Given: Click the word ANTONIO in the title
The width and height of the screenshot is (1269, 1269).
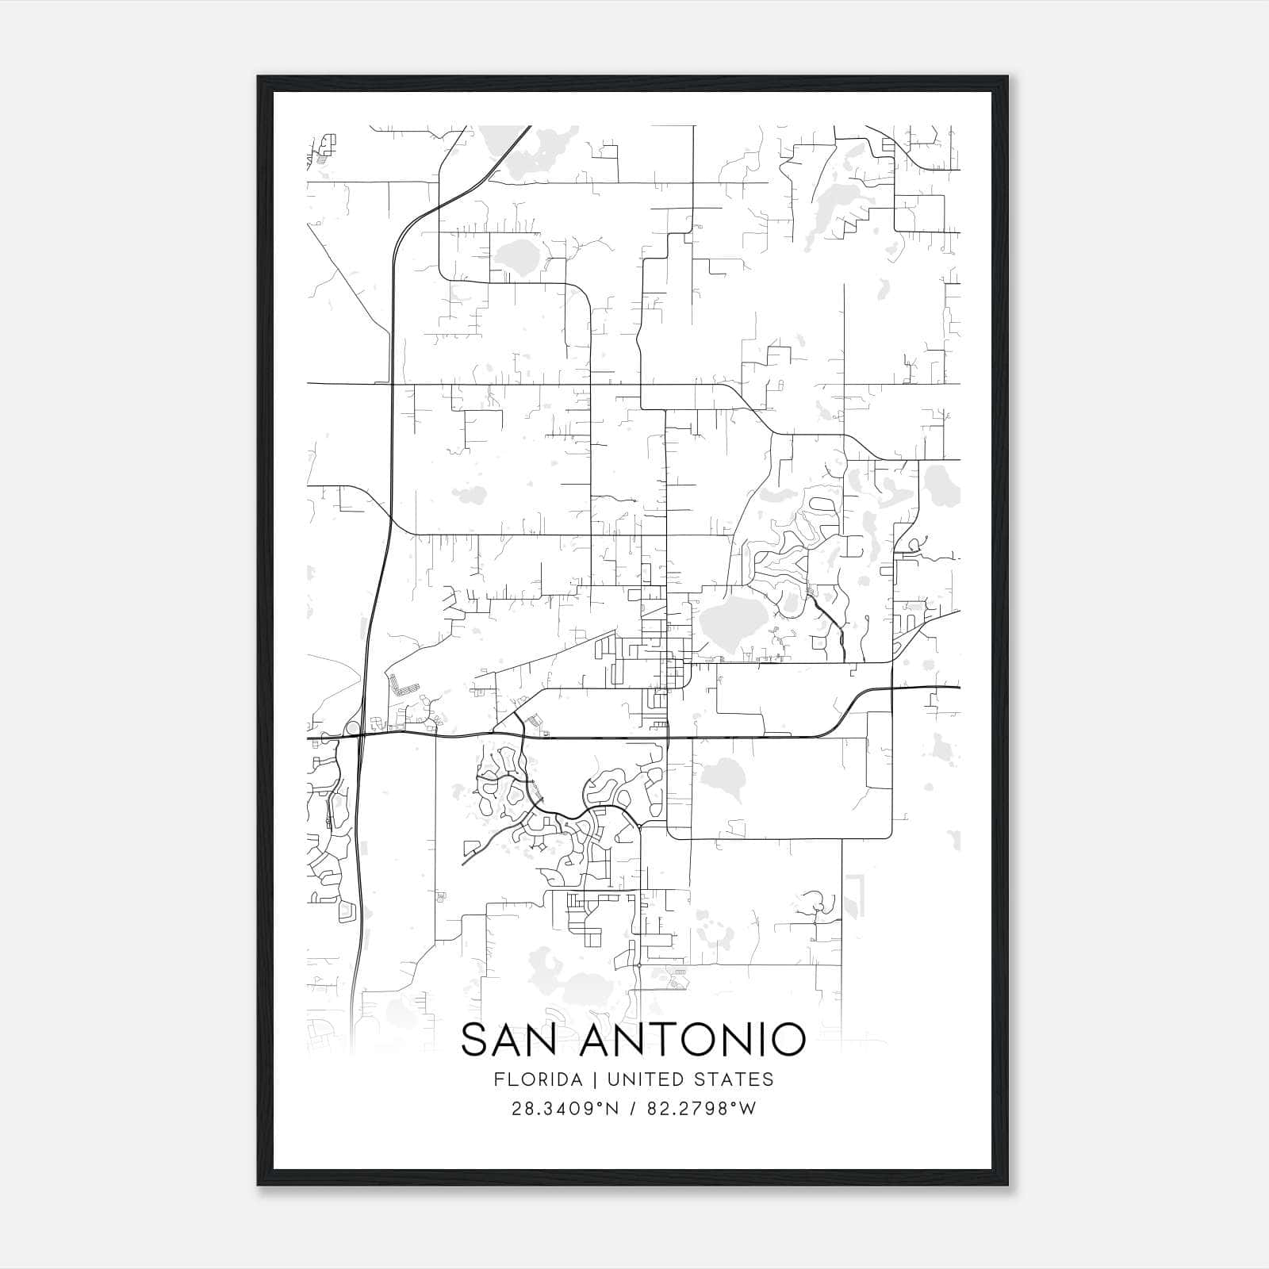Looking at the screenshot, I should [692, 1041].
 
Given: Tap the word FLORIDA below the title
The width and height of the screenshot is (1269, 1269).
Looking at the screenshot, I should [536, 1079].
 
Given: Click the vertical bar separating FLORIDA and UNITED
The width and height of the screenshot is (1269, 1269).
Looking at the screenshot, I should [585, 1079].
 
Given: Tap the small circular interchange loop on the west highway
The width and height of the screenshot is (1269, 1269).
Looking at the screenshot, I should [352, 727].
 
